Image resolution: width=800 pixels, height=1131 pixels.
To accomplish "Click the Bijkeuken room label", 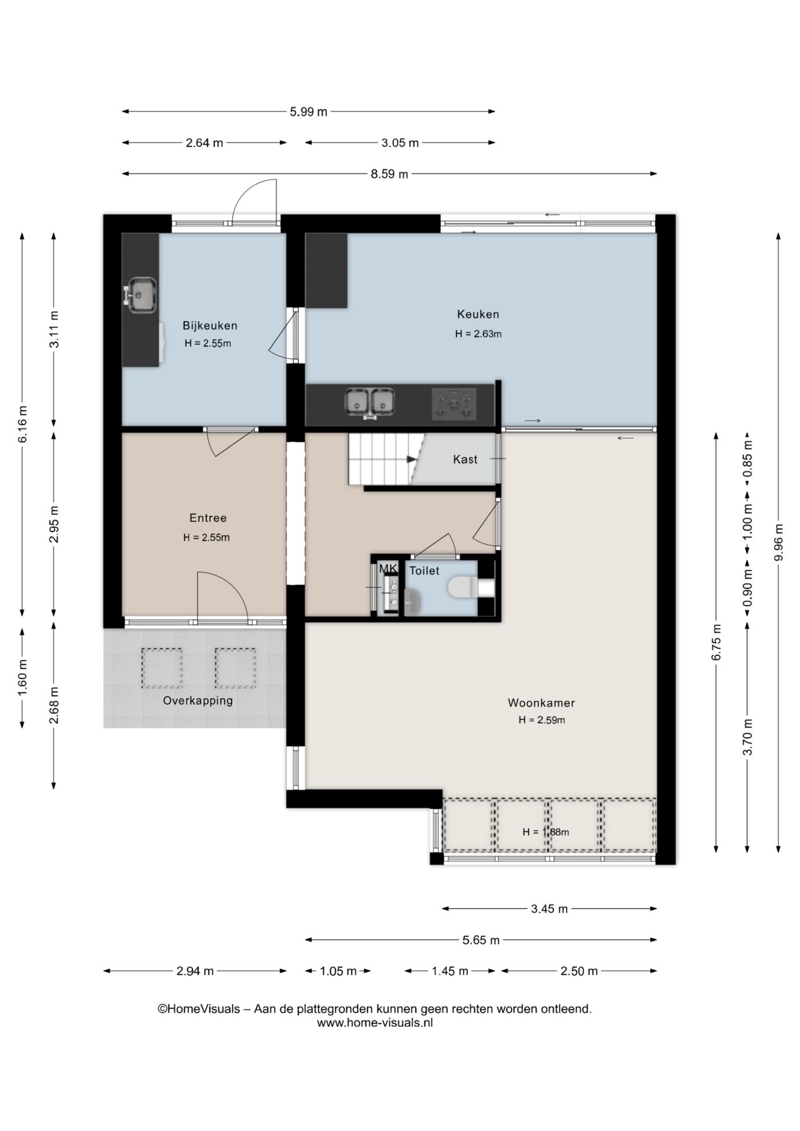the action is point(210,326).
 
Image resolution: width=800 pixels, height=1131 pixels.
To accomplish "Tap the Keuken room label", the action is point(478,315).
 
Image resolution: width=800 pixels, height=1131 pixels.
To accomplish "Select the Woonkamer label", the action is point(541,703).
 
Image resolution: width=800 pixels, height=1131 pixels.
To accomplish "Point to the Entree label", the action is point(207,518).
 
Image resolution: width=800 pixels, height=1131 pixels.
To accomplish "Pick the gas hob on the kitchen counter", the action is point(454,404).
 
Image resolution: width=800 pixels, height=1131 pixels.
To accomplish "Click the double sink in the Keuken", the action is point(369,403).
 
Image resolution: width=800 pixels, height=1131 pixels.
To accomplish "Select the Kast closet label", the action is point(465,459).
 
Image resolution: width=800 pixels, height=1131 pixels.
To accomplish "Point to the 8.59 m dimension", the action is point(389,174).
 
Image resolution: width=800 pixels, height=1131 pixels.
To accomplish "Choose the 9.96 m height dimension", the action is point(778,543).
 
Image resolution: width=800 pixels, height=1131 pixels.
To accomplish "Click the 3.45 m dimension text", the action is point(549,909).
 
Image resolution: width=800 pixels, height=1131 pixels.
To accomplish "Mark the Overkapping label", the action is point(198,701).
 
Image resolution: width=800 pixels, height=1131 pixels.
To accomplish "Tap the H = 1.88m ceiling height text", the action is point(546,832).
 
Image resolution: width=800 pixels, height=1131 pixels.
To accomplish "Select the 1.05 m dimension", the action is point(338,971).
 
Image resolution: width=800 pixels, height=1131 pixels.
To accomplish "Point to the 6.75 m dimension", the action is point(716,643).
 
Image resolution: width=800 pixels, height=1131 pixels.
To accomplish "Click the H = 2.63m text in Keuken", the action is point(478,334).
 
